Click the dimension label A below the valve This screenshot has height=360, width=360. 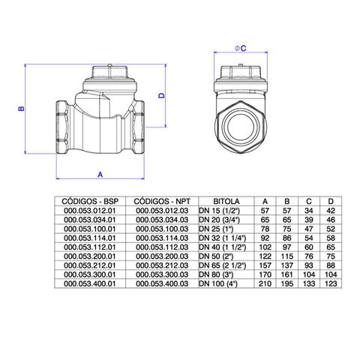(100, 175)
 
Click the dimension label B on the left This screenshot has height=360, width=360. (22, 109)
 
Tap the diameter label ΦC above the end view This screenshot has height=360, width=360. (241, 48)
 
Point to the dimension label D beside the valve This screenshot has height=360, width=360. (162, 95)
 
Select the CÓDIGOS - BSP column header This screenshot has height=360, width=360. (90, 201)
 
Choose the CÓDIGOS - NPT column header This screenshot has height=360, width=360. (162, 201)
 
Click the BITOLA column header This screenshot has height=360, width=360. (226, 201)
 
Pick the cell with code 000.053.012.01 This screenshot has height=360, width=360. (90, 211)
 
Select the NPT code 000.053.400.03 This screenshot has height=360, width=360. (162, 283)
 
